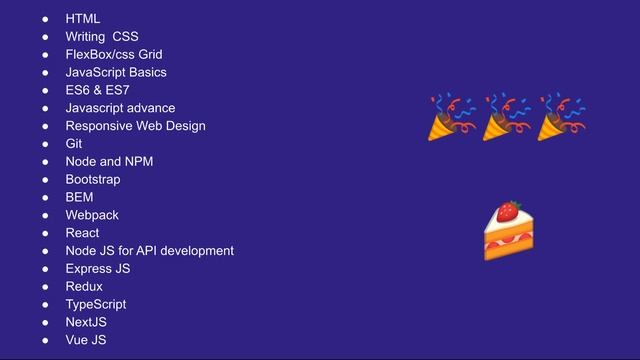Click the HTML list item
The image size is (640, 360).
pos(82,19)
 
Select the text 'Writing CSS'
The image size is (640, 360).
pos(102,37)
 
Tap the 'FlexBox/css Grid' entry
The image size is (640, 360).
pos(113,54)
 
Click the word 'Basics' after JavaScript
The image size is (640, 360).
pos(146,72)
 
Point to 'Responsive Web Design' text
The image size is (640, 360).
pos(135,126)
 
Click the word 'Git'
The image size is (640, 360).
pos(74,144)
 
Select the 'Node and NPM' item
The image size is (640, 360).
pos(109,162)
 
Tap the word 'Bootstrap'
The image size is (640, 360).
pos(93,180)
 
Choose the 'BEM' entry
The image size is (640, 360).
pos(79,198)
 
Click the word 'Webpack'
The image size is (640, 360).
pos(92,215)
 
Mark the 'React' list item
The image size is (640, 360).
pos(82,233)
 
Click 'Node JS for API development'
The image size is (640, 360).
pos(149,251)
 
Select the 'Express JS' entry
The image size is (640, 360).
pos(98,269)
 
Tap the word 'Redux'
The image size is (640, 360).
pos(84,287)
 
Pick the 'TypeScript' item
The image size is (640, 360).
pos(96,305)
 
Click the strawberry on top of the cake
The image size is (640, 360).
pos(509,210)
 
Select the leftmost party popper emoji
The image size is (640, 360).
pos(452,117)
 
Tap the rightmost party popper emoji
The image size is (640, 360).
pos(561,117)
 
